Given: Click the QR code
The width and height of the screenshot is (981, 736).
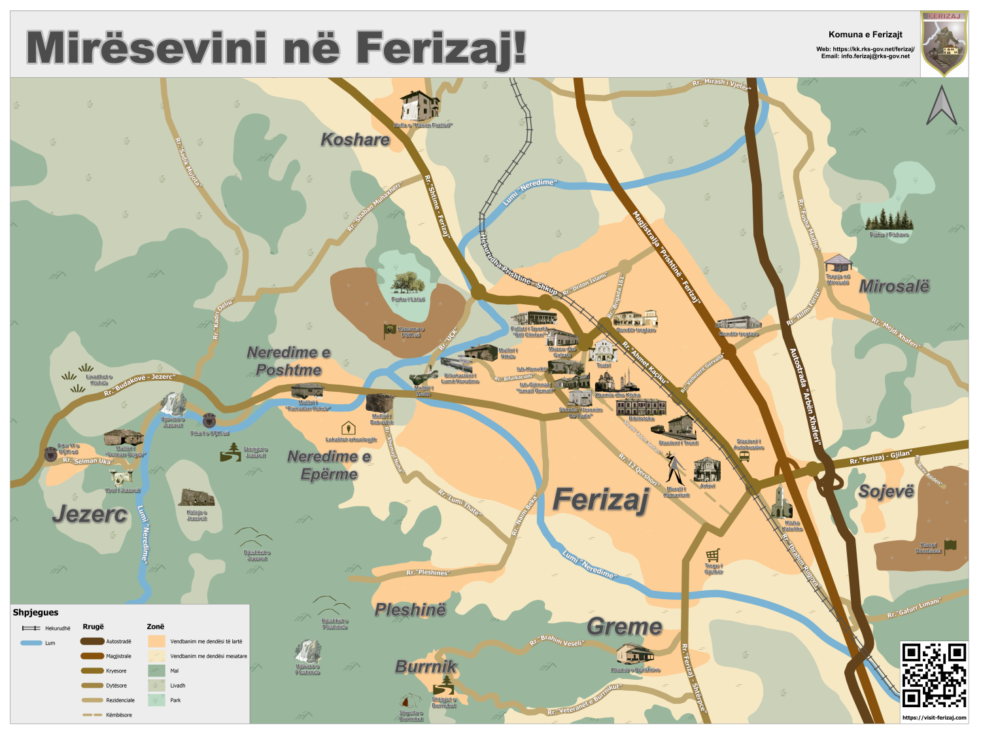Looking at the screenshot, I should click(934, 675).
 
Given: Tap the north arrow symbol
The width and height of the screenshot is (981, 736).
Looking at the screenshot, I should click(941, 106).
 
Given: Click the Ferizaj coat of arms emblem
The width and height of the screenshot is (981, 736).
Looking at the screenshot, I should click(944, 43).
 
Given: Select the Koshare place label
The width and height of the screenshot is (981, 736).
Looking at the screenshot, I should click(354, 139).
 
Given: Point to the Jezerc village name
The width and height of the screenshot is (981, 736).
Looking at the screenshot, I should click(90, 514).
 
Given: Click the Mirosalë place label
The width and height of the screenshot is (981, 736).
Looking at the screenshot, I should click(893, 286).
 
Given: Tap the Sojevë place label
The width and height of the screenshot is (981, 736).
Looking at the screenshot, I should click(886, 491).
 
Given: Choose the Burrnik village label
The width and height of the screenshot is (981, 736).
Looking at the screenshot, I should click(426, 667).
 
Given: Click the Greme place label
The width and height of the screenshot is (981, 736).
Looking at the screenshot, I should click(625, 626).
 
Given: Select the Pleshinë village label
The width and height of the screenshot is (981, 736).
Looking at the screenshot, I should click(410, 610).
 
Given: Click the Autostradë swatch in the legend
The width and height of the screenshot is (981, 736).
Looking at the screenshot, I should click(92, 641).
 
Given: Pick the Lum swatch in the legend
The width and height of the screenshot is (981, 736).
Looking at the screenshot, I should click(31, 643).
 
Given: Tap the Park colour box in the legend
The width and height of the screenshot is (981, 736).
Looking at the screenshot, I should click(156, 700).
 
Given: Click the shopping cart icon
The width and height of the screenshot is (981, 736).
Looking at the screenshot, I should click(713, 555).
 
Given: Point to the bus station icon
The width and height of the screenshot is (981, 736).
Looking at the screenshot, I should click(744, 457).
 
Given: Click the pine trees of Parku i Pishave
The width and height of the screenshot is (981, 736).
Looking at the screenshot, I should click(888, 220).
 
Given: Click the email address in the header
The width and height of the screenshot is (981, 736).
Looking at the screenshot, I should click(865, 56).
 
